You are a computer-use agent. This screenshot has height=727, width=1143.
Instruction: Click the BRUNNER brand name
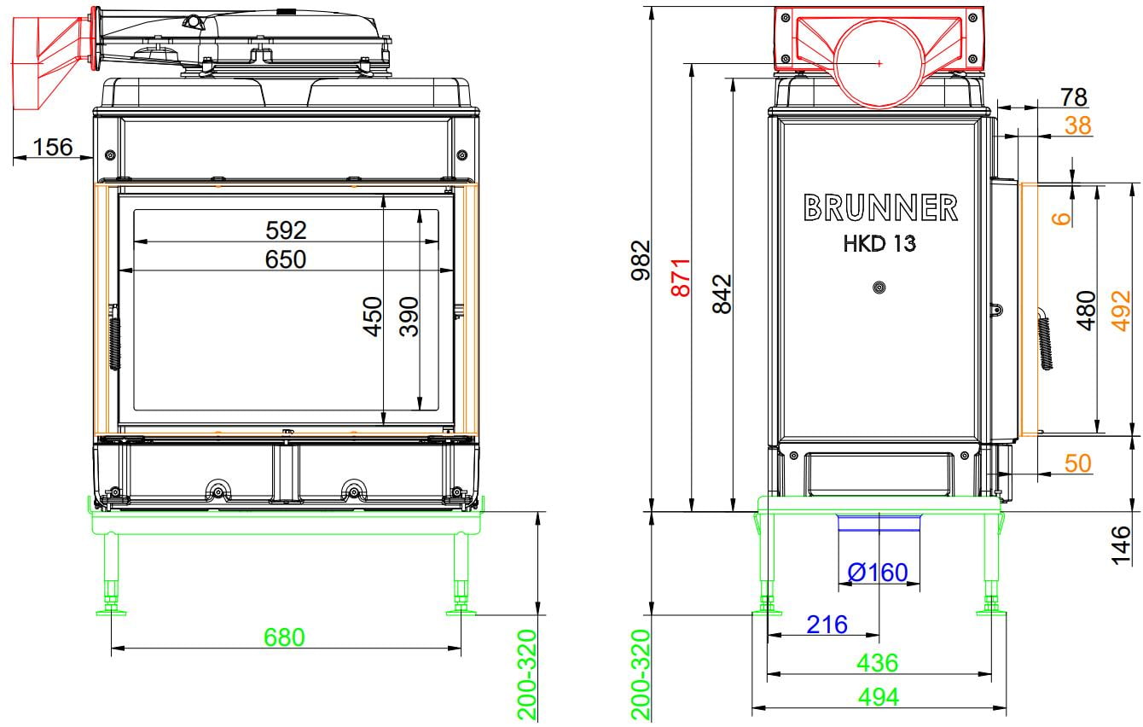[x=881, y=208]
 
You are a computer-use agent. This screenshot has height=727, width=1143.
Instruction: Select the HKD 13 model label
[x=879, y=243]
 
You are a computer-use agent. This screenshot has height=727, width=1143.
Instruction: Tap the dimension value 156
[x=53, y=147]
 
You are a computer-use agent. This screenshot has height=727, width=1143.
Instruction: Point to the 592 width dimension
[x=286, y=230]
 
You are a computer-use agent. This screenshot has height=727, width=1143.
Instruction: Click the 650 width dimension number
[x=286, y=259]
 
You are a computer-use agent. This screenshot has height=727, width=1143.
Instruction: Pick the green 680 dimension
[x=284, y=637]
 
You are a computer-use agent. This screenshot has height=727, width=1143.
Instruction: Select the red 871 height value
[x=682, y=277]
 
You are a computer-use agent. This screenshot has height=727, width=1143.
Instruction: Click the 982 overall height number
[x=641, y=260]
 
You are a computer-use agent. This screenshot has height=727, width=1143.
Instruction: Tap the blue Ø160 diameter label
[x=878, y=573]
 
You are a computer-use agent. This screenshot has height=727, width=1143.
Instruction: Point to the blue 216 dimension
[x=827, y=625]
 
